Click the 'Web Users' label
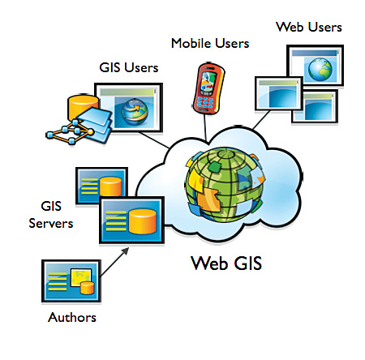tap(309, 27)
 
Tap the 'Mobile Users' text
tap(210, 43)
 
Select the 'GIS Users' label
tap(129, 67)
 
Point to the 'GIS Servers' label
tap(51, 215)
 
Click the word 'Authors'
tap(72, 317)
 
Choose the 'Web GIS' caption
tap(226, 263)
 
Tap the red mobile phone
tap(208, 88)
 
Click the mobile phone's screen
tap(208, 80)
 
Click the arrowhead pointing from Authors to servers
tap(125, 251)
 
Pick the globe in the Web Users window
tap(320, 70)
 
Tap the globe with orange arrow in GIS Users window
tap(135, 112)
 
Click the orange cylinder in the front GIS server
tap(143, 221)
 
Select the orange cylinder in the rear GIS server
tap(110, 186)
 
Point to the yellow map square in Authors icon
tap(80, 277)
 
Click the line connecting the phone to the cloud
tap(205, 128)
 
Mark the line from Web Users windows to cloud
tap(261, 120)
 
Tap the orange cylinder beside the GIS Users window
tap(83, 107)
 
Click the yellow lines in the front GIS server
tap(116, 221)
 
